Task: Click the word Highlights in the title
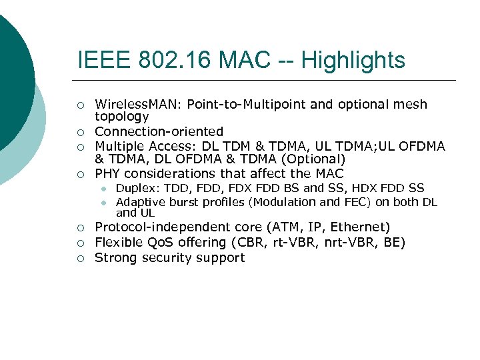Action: (x=353, y=61)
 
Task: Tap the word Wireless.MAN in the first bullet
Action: (x=139, y=105)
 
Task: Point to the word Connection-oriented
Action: (x=159, y=132)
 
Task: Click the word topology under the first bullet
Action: (x=122, y=117)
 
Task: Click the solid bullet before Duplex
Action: (x=104, y=189)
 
